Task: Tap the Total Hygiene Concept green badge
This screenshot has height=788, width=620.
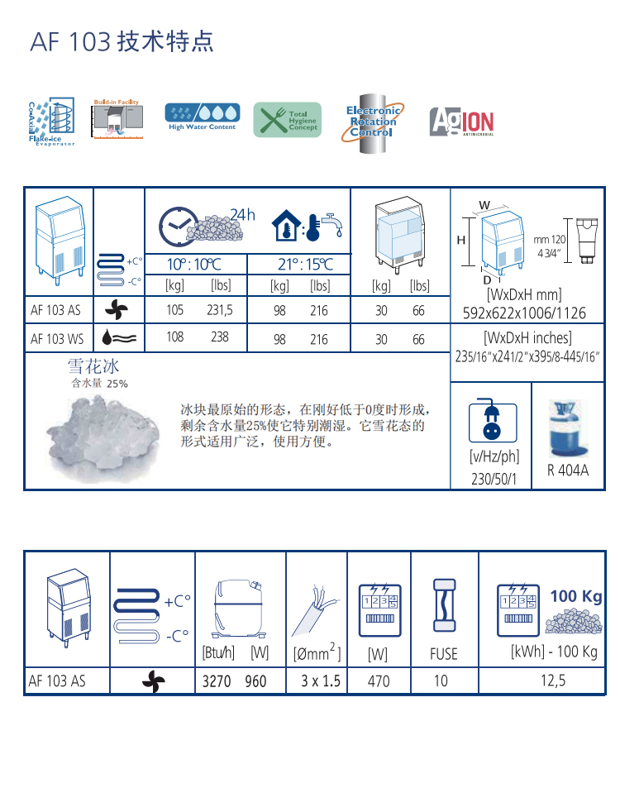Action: pos(286,121)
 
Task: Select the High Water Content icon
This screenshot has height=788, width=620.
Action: pos(202,117)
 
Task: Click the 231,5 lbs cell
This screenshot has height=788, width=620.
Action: pos(220,311)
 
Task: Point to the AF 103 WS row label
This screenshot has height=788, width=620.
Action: pos(57,339)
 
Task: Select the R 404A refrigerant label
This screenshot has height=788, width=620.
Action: pos(567,470)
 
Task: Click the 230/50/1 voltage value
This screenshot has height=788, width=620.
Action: pos(495,479)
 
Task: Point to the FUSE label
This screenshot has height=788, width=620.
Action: pos(444,653)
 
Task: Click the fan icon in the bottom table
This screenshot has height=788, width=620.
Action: pos(154,681)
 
